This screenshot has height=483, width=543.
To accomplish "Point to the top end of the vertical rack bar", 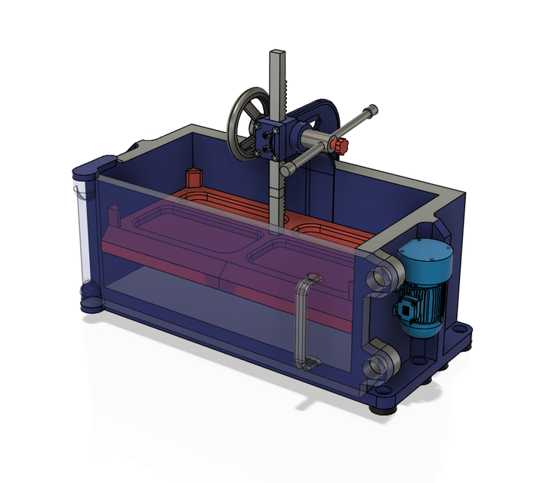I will coord(277,55).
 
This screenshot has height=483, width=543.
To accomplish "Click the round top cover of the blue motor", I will coord(427,255).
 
